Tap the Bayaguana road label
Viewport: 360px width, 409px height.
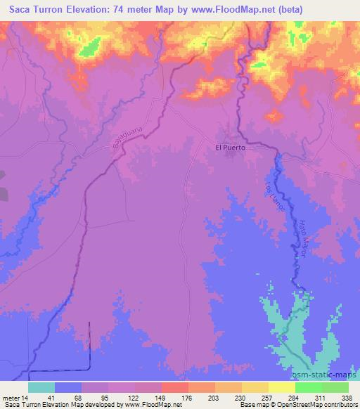tap(122, 133)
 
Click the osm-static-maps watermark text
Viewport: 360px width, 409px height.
tap(323, 376)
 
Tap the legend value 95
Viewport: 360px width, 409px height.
tap(107, 397)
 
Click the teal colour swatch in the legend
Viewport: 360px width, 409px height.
tap(41, 387)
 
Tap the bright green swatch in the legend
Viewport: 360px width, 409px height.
tap(309, 387)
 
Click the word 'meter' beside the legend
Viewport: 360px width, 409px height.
tap(9, 397)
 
